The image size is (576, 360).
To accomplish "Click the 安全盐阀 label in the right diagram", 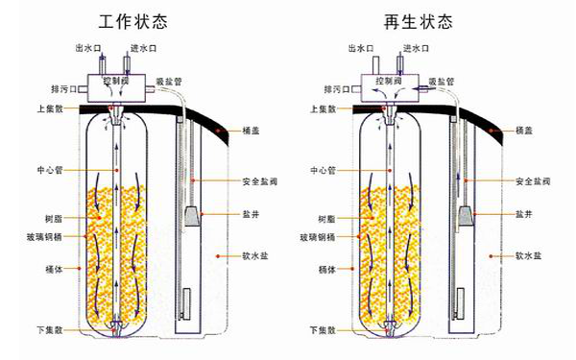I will point(533,180).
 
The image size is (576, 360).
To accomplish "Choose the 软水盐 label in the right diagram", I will point(530,256).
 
